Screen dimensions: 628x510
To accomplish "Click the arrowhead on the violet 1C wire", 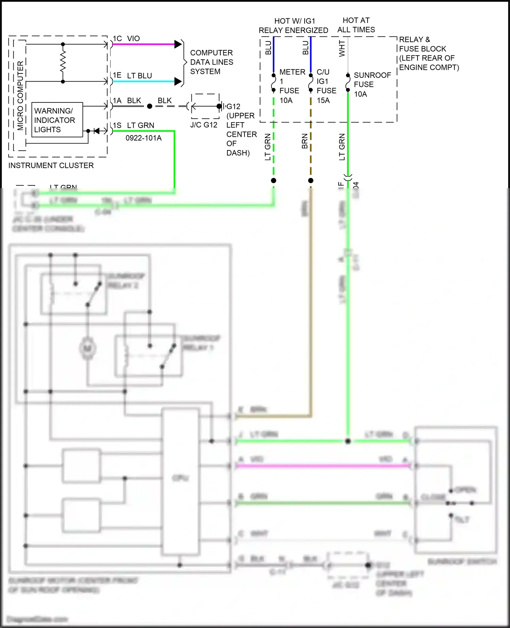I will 178,44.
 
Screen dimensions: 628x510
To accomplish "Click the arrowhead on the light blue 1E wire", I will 178,81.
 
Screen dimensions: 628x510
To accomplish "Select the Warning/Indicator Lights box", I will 57,120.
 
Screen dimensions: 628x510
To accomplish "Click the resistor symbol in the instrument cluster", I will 63,63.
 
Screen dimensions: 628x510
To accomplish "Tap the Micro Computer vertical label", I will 20,96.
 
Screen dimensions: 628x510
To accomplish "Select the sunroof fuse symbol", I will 348,83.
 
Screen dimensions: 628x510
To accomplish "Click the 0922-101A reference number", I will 143,138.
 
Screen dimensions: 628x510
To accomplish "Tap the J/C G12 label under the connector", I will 204,125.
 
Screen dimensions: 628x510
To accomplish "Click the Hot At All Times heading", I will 356,25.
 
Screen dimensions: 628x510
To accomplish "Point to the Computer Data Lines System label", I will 211,62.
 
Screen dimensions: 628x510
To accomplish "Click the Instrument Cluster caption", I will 51,166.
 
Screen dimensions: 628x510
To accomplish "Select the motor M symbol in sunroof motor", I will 87,348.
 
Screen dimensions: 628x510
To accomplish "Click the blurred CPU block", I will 181,478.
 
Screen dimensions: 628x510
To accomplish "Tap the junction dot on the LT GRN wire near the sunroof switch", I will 348,441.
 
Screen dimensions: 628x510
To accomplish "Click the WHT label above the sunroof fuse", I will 342,49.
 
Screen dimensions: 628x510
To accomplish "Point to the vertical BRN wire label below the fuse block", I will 305,141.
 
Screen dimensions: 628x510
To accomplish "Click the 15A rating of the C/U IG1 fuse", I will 323,101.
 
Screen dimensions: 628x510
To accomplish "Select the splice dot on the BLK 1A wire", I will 150,106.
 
